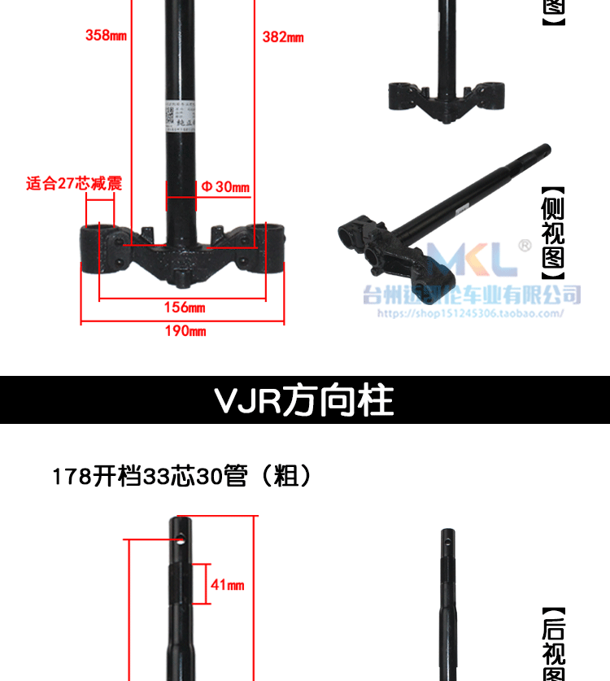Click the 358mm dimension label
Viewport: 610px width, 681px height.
pos(106,35)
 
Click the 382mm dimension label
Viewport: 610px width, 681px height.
pos(283,37)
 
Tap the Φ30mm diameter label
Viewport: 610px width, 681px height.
pos(224,188)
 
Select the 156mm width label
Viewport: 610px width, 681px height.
pos(185,308)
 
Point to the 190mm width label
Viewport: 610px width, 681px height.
pos(185,331)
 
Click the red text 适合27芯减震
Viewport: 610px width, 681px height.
pos(74,184)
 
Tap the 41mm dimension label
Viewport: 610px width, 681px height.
pos(228,585)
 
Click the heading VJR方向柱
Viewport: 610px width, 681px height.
pos(304,400)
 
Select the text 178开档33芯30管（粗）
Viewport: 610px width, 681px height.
pos(182,476)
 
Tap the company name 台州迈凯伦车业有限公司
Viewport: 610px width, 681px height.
pos(472,294)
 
